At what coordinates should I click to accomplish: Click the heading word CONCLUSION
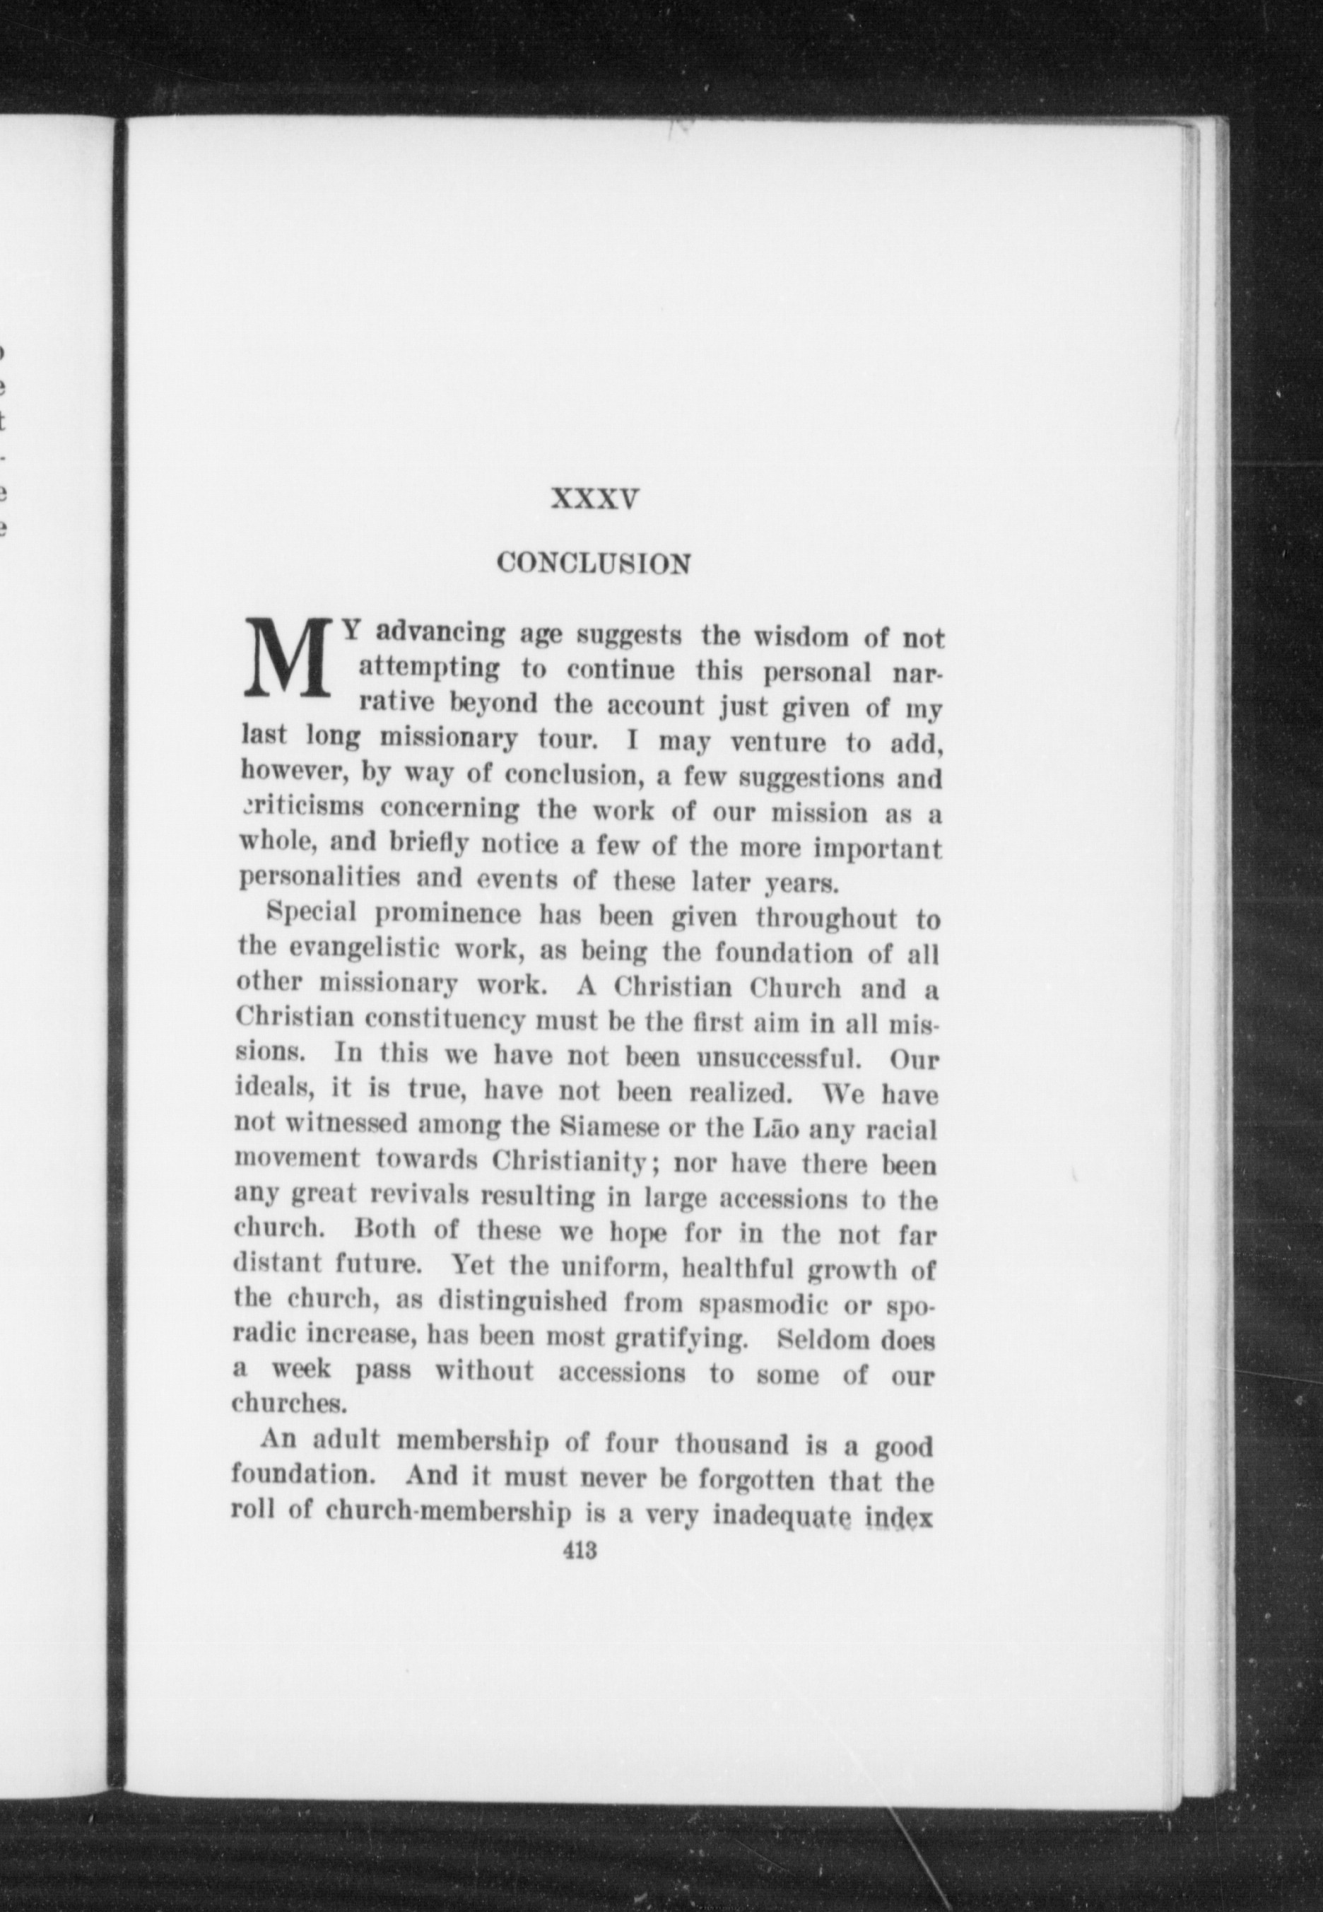click(x=593, y=564)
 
